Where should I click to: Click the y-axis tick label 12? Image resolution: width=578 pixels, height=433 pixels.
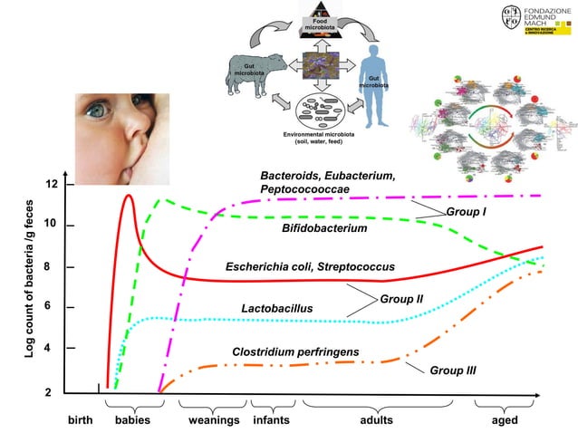click(x=52, y=185)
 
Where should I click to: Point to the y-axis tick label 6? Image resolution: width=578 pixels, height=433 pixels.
click(x=52, y=307)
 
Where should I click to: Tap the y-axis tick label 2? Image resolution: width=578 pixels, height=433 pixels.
click(x=52, y=393)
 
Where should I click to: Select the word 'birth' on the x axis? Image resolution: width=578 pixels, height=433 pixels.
click(x=82, y=421)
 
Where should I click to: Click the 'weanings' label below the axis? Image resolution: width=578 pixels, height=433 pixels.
click(x=214, y=421)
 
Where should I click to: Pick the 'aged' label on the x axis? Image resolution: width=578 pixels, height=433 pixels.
click(x=504, y=421)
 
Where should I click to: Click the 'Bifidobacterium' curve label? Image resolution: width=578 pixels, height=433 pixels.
click(x=324, y=229)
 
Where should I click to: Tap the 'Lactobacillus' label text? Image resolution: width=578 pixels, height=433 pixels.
click(x=276, y=309)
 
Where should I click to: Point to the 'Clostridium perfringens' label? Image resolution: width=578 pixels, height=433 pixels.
click(x=295, y=351)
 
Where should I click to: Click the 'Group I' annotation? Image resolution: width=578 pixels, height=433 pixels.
click(x=467, y=211)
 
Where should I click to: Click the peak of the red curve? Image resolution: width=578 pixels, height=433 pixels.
click(x=128, y=196)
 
